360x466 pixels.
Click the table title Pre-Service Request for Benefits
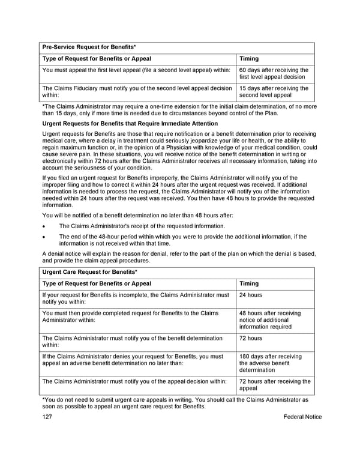pos(89,47)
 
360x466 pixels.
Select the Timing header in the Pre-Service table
pos(249,59)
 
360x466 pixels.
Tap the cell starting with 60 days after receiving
pos(274,74)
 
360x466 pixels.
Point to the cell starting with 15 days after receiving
pos(274,91)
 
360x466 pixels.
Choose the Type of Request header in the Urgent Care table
pos(97,283)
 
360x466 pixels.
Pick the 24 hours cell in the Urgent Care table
pos(251,295)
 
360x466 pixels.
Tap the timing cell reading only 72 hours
pos(251,338)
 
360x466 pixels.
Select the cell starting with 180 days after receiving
pos(271,363)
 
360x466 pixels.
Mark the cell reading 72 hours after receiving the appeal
pos(275,384)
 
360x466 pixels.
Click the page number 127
pos(47,417)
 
